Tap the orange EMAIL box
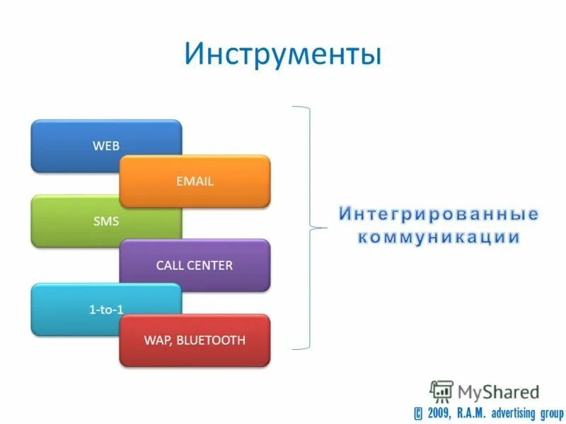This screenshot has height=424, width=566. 195,182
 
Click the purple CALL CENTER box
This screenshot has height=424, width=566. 195,266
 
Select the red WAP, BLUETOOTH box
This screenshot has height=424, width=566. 195,341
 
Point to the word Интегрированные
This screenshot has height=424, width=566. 438,214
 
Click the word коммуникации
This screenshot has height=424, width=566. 438,237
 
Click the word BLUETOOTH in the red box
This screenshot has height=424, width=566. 211,341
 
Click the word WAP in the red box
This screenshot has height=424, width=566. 156,341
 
